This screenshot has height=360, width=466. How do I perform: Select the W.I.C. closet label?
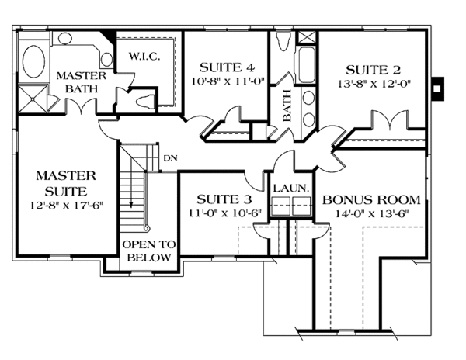click(139, 55)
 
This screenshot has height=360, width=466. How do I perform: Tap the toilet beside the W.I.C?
click(145, 99)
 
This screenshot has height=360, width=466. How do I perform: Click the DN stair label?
click(170, 157)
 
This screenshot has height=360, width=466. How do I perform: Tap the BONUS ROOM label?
click(366, 199)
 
